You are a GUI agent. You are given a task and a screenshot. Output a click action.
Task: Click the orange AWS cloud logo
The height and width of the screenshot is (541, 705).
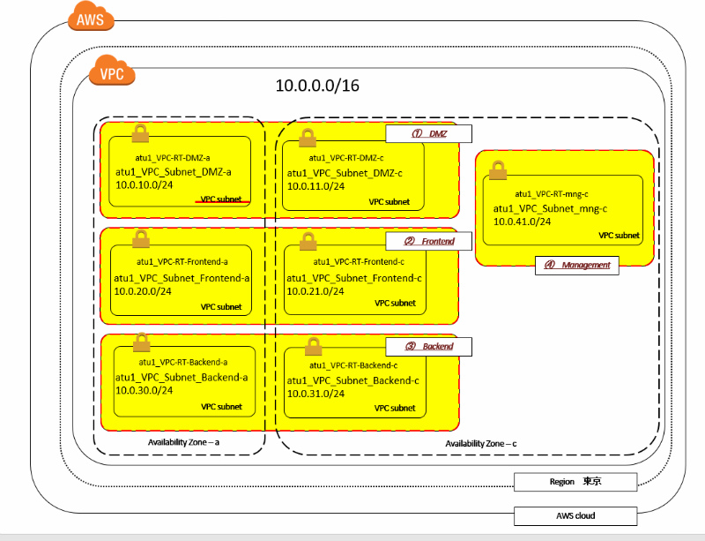pos(89,19)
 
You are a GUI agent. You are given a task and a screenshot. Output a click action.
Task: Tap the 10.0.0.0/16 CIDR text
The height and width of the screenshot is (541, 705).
pos(317,86)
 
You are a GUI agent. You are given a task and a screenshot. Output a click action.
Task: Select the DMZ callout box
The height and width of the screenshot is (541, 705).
pos(429,133)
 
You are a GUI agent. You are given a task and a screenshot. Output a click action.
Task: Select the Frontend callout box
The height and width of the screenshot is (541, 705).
pos(429,241)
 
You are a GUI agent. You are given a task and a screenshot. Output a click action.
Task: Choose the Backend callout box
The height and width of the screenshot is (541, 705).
pos(429,346)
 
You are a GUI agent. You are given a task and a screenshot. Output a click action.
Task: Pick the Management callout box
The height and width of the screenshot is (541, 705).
pos(576,265)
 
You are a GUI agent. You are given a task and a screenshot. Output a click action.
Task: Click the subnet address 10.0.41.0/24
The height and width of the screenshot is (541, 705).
pos(523,222)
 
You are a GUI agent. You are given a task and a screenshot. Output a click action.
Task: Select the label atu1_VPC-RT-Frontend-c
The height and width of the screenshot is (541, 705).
pos(359,261)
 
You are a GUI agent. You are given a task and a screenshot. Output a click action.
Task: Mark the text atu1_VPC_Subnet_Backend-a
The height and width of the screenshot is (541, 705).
pos(182,377)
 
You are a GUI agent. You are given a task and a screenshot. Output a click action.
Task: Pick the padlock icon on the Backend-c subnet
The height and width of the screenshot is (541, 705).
pos(313,346)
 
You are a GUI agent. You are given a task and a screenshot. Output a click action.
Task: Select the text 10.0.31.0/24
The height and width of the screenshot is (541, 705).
pos(315,394)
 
